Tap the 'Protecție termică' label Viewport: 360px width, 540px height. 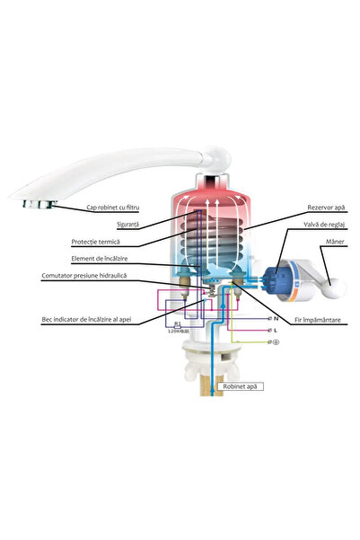click(x=96, y=242)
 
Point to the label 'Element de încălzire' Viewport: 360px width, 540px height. click(x=98, y=260)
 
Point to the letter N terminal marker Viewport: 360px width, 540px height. click(x=275, y=318)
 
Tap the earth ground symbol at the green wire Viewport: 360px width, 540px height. click(x=275, y=342)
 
